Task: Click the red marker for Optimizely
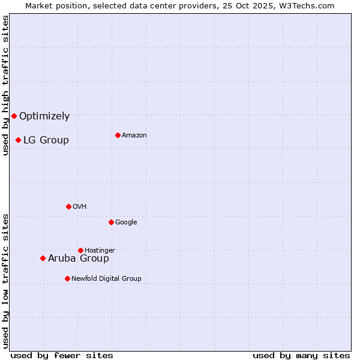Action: (x=14, y=116)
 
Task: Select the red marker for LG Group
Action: (x=18, y=140)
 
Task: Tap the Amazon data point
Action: (x=118, y=135)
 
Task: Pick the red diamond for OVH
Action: (x=68, y=206)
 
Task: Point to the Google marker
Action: (x=111, y=222)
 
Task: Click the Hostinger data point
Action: (x=80, y=250)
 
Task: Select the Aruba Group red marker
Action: (x=43, y=258)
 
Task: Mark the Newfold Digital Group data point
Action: (x=67, y=278)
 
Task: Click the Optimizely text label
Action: (x=44, y=116)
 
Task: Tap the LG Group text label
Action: (x=46, y=140)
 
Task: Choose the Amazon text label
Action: (x=134, y=136)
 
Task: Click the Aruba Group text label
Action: (x=79, y=259)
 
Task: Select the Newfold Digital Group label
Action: (x=106, y=278)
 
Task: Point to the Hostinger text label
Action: (x=100, y=250)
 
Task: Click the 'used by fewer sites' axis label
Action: (x=62, y=355)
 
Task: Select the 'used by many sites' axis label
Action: (x=301, y=355)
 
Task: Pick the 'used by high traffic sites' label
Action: (x=5, y=85)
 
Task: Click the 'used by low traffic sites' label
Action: (x=5, y=281)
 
